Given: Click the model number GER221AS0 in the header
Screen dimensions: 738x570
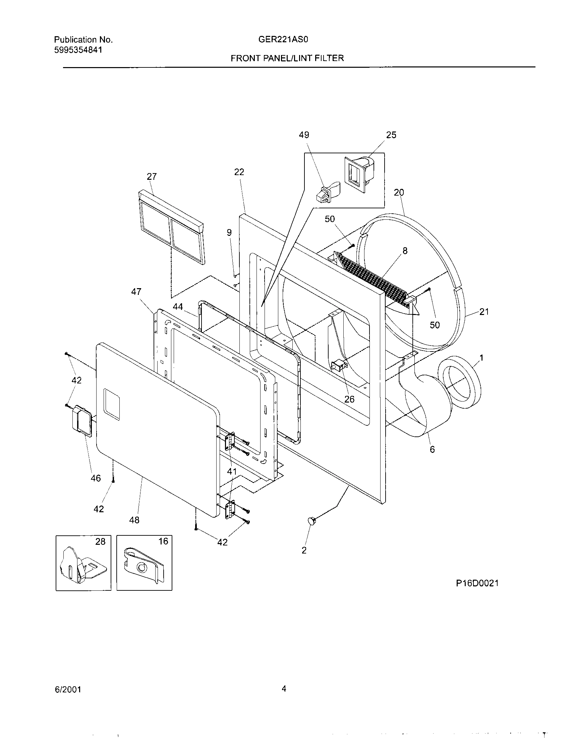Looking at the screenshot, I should tap(283, 40).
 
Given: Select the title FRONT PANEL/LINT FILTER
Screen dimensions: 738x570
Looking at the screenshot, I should tap(287, 58).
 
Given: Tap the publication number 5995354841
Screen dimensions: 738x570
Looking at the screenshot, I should tap(78, 50).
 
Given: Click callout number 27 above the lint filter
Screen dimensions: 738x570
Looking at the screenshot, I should tap(152, 176).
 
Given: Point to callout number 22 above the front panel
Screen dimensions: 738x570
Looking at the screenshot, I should tap(239, 172).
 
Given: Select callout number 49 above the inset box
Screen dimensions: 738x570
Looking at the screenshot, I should tap(304, 135).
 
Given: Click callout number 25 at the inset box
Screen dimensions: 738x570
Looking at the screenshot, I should tap(391, 135).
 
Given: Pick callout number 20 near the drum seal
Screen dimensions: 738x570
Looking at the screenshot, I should tap(399, 192).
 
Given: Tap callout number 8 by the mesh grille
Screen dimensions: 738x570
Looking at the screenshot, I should tap(405, 250).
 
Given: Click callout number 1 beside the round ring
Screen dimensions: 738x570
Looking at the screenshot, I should tap(481, 358).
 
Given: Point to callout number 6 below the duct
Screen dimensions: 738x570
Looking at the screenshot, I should tap(432, 450).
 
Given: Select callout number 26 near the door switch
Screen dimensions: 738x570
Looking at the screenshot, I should tap(349, 399).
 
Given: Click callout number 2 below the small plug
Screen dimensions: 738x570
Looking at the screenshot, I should tap(304, 550).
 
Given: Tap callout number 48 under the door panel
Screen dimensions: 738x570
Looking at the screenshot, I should tap(134, 520).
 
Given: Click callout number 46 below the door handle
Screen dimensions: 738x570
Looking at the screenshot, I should tap(96, 478).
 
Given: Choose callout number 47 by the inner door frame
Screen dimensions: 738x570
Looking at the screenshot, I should tap(136, 292).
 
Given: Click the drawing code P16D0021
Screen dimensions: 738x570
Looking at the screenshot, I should tap(477, 592).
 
